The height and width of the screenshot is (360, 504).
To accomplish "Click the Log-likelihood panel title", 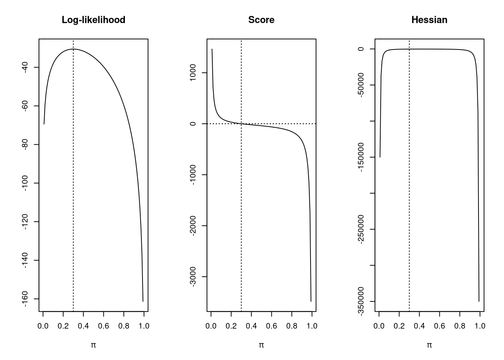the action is point(93,20).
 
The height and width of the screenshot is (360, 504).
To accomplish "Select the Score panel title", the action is point(261,20).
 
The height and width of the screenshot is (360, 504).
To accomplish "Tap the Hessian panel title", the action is point(429,20).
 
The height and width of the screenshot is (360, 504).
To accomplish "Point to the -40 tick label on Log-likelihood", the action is point(25,67).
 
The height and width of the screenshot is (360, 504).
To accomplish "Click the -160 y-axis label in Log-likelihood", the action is point(25,299).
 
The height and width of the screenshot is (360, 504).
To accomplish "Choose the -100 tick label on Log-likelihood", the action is point(25,183).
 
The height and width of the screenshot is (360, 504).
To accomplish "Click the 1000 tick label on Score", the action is point(193,72).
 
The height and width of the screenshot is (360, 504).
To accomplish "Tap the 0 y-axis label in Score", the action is point(193,124).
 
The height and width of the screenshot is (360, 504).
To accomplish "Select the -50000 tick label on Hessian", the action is point(361,85).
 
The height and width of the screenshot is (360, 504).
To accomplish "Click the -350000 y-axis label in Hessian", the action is point(361,301).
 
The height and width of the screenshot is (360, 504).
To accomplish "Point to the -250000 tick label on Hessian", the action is point(361,229).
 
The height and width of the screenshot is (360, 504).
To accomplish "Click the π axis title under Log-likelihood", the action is point(93,345).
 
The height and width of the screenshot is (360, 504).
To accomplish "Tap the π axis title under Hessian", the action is point(429,345).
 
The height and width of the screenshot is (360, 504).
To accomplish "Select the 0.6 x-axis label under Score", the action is point(271,326).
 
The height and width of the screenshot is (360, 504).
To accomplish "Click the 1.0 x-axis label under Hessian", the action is point(480,326).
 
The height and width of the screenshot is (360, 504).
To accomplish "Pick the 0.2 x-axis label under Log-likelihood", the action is point(63,326).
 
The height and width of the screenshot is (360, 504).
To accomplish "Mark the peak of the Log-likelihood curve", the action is point(73,49).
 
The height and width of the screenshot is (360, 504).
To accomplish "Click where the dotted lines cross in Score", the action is point(241,124).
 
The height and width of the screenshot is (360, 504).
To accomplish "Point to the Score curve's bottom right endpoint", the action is point(311,301).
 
